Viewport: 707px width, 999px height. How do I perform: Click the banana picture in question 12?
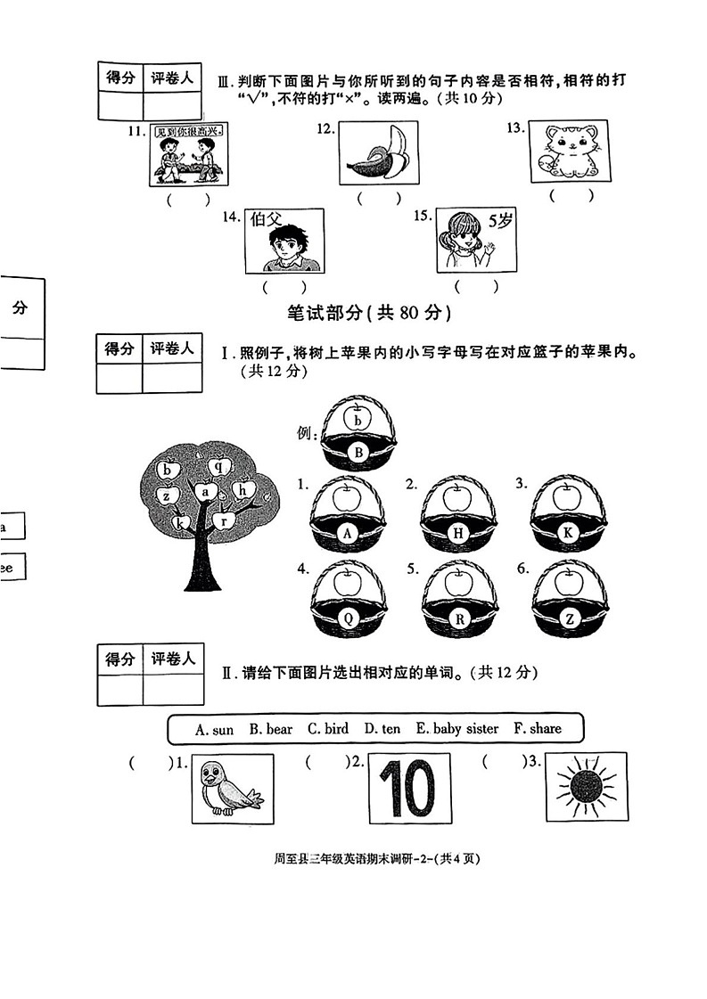379,153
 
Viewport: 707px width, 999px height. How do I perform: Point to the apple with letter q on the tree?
218,464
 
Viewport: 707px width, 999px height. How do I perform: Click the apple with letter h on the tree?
243,488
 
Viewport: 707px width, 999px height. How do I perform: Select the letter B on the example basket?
358,453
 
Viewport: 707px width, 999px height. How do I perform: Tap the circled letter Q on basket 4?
348,618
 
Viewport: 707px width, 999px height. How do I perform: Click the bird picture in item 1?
232,789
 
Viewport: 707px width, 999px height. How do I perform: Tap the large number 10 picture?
409,789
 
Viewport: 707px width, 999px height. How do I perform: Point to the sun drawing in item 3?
586,787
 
